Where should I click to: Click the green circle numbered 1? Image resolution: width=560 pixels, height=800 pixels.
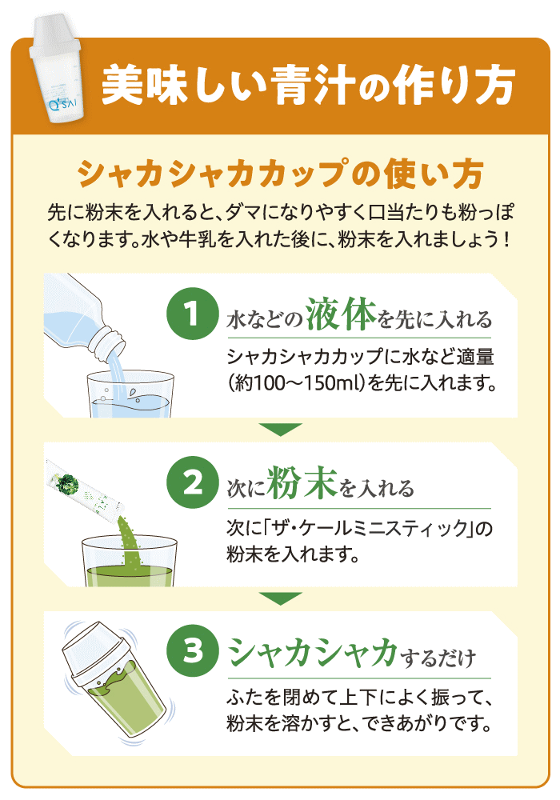[192, 314]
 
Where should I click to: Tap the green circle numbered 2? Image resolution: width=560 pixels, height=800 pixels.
[192, 482]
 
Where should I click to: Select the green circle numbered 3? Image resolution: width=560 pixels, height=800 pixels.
[192, 650]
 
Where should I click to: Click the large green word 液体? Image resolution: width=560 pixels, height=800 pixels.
[342, 314]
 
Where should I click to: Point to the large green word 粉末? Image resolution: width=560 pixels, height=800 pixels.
[302, 482]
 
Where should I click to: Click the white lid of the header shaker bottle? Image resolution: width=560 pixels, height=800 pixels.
[53, 34]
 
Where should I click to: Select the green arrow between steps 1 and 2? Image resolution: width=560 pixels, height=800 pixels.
[280, 429]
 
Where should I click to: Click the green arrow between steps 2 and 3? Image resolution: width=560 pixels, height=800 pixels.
[280, 598]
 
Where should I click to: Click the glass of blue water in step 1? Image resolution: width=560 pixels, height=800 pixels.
[130, 394]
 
